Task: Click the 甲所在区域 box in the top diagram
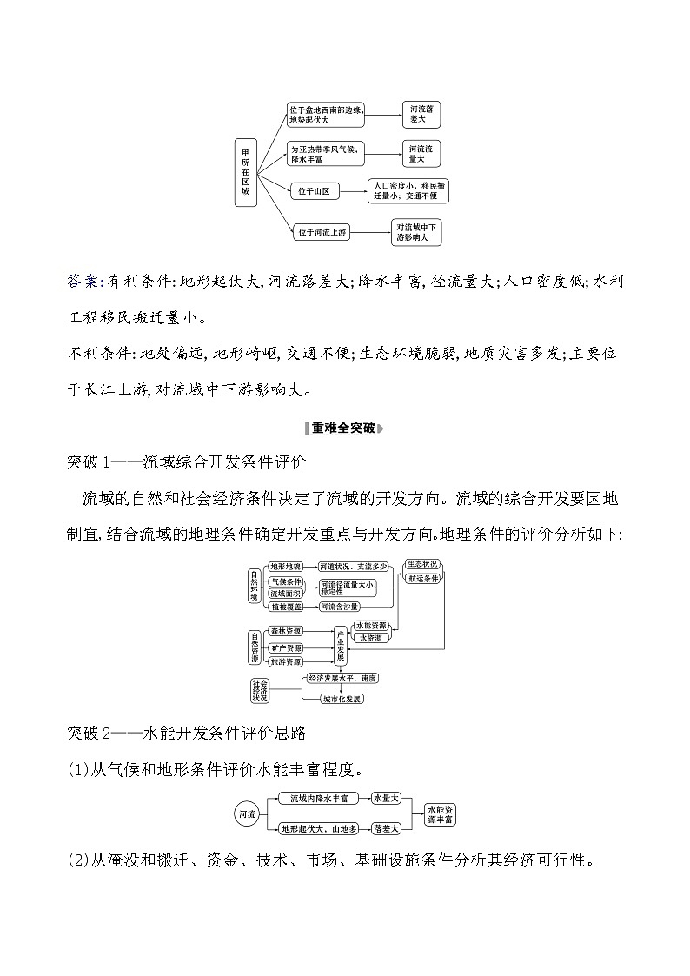click(247, 171)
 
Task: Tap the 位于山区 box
click(314, 191)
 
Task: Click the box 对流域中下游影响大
click(417, 231)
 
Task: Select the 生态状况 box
click(422, 564)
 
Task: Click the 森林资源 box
click(285, 632)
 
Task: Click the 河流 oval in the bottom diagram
click(248, 814)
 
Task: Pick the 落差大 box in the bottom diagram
click(385, 829)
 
